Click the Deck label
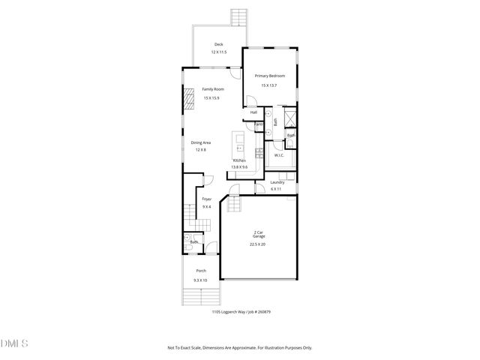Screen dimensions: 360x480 pyautogui.click(x=218, y=44)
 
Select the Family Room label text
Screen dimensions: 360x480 pyautogui.click(x=213, y=89)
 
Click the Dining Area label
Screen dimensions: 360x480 pyautogui.click(x=200, y=142)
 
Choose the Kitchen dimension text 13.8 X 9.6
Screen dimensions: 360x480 pyautogui.click(x=240, y=166)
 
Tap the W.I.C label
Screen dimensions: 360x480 pyautogui.click(x=277, y=155)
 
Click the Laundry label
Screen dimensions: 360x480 pyautogui.click(x=277, y=182)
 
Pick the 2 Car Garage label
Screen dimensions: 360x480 pyautogui.click(x=258, y=234)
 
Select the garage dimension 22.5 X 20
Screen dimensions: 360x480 pyautogui.click(x=258, y=244)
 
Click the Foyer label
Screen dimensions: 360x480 pyautogui.click(x=207, y=199)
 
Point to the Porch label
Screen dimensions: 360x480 pyautogui.click(x=201, y=271)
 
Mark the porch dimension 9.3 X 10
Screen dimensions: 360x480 pyautogui.click(x=201, y=280)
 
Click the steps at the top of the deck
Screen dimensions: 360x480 pyautogui.click(x=239, y=16)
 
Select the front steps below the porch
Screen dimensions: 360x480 pyautogui.click(x=200, y=297)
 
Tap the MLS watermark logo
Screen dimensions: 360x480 pyautogui.click(x=14, y=343)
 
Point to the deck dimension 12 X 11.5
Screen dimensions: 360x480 pyautogui.click(x=218, y=52)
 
